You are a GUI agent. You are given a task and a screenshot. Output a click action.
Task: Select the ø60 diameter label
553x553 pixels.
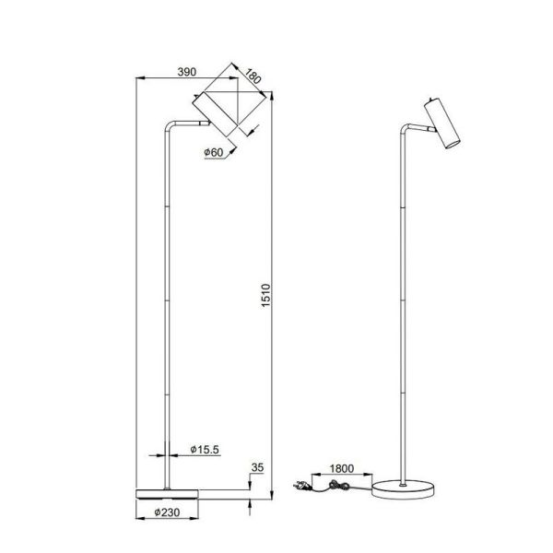pyautogui.click(x=215, y=153)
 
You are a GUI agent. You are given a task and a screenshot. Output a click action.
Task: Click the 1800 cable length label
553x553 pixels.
pyautogui.click(x=342, y=468)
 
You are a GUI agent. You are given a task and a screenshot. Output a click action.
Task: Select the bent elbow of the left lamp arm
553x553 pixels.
pyautogui.click(x=170, y=124)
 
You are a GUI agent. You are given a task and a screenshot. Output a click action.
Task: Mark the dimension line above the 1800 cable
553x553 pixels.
pyautogui.click(x=342, y=477)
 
